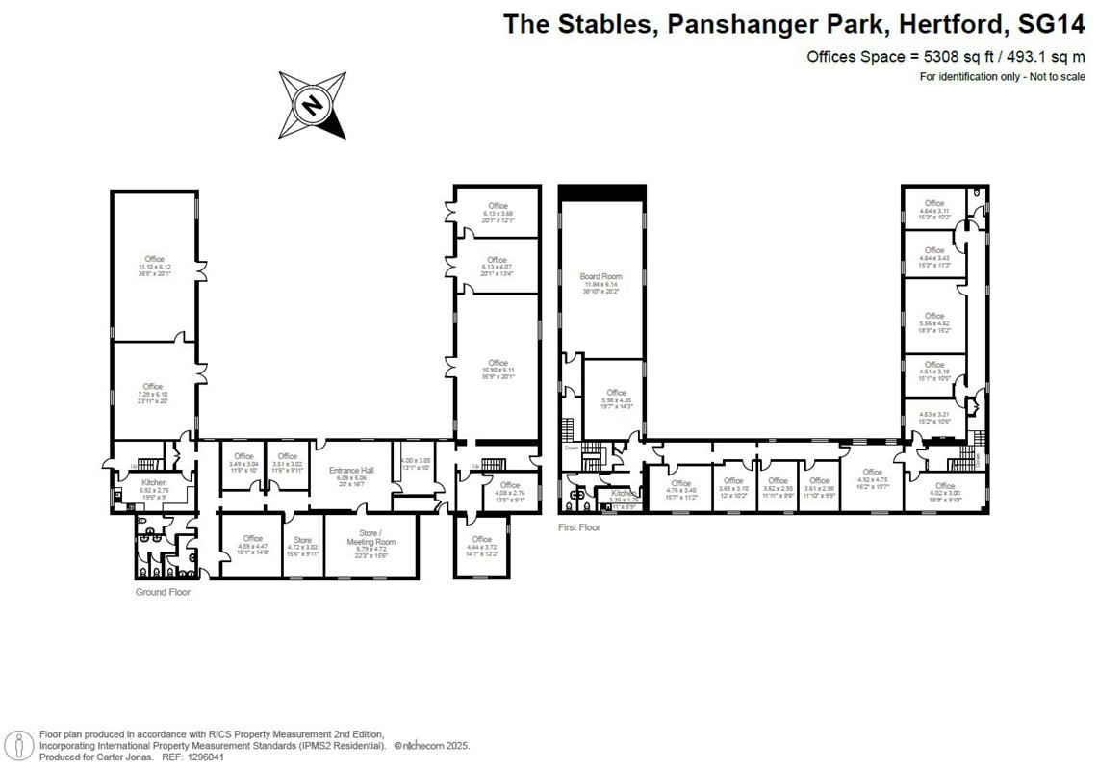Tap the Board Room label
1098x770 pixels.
click(x=600, y=277)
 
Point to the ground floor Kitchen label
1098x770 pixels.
click(x=154, y=482)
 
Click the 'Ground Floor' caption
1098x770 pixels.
click(x=163, y=593)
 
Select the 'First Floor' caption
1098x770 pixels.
click(x=579, y=528)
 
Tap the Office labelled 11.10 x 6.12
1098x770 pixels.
click(x=154, y=259)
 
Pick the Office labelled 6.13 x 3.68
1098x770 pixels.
click(x=497, y=206)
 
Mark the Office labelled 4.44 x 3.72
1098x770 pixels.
click(x=481, y=539)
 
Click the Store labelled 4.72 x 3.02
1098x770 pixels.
click(x=303, y=540)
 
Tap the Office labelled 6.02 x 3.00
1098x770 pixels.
click(x=945, y=486)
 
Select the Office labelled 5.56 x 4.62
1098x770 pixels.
click(x=933, y=316)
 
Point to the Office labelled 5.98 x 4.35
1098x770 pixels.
click(x=616, y=393)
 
